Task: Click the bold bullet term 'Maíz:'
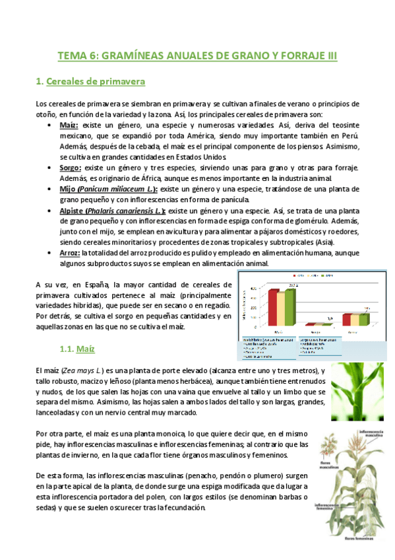(x=69, y=125)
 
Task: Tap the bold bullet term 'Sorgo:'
(x=70, y=168)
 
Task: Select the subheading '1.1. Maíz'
(x=77, y=347)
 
